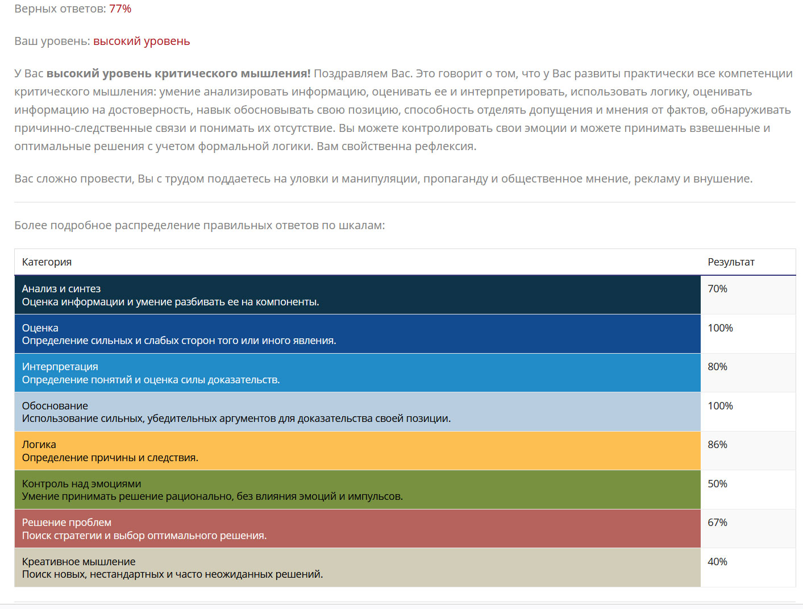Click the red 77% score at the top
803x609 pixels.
pos(120,9)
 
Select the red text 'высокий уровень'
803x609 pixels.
pos(142,41)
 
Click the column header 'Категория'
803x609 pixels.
pos(47,262)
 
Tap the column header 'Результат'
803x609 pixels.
pos(731,262)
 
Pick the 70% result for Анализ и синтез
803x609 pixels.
pos(717,289)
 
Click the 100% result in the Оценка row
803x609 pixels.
pos(720,328)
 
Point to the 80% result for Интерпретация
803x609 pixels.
pos(717,367)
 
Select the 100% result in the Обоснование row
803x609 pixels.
pos(720,406)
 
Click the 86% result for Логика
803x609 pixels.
pos(717,445)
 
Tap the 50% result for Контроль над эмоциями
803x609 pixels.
pos(717,484)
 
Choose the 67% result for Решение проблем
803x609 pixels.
pos(717,523)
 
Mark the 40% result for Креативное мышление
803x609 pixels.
pos(717,562)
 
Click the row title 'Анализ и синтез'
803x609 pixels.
pos(61,289)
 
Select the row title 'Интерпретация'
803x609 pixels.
pos(60,367)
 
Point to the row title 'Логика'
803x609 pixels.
pos(39,445)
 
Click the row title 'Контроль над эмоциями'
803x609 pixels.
pos(81,484)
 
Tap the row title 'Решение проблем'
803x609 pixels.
pos(66,523)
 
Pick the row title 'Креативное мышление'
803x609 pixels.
pos(78,562)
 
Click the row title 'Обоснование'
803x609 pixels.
pos(55,406)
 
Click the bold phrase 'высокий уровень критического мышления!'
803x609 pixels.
pos(178,73)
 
